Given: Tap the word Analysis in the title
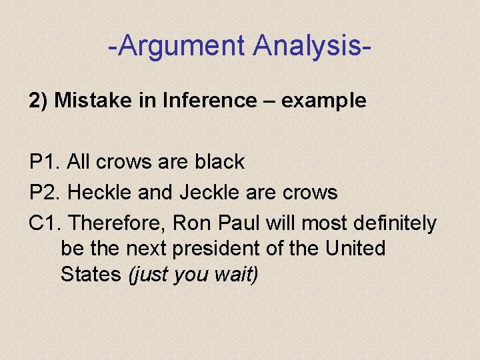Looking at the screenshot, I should (307, 46).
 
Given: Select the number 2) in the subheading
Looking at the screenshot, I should (38, 101).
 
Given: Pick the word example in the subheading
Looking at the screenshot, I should (323, 101).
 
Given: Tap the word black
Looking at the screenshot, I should (219, 162).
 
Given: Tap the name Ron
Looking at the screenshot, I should (195, 223).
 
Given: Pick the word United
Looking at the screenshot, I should (355, 249).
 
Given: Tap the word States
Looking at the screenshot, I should (91, 274).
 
